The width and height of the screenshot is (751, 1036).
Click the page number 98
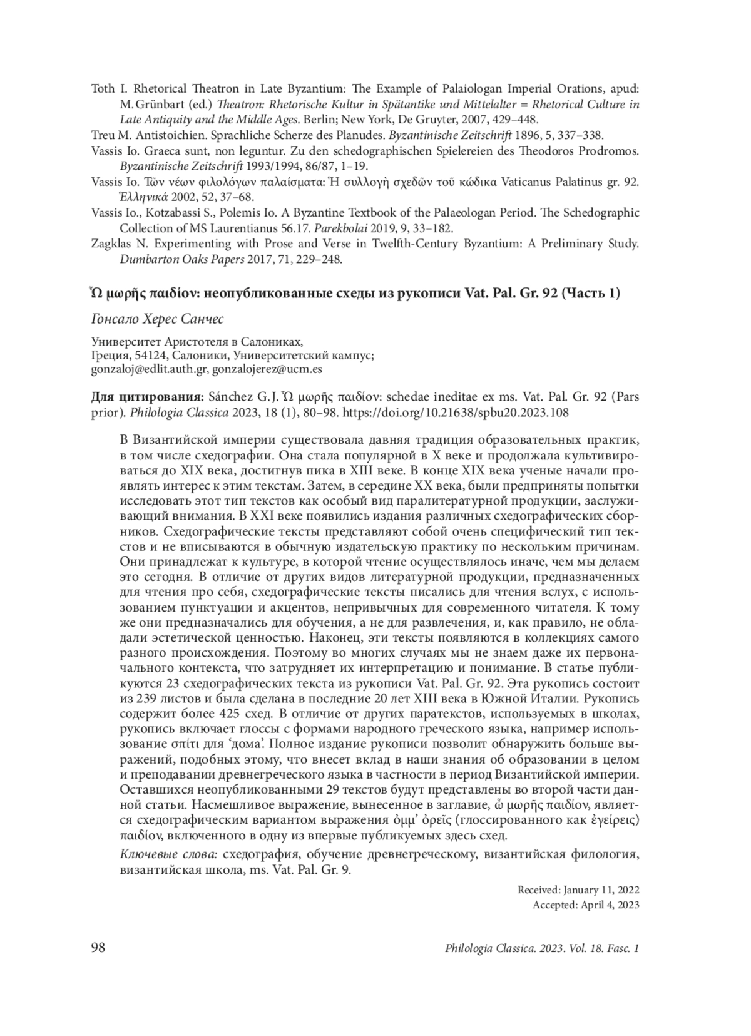98,948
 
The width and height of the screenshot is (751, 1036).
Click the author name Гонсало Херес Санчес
157,319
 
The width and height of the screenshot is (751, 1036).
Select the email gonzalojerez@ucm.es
267,369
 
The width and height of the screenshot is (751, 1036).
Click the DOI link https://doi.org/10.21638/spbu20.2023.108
456,413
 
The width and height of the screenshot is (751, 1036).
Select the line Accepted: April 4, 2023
586,905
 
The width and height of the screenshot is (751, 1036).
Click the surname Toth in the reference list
103,89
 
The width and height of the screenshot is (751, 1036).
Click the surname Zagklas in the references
111,244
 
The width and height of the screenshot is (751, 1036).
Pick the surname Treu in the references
103,135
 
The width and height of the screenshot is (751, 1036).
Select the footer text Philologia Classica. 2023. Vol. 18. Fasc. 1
542,948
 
